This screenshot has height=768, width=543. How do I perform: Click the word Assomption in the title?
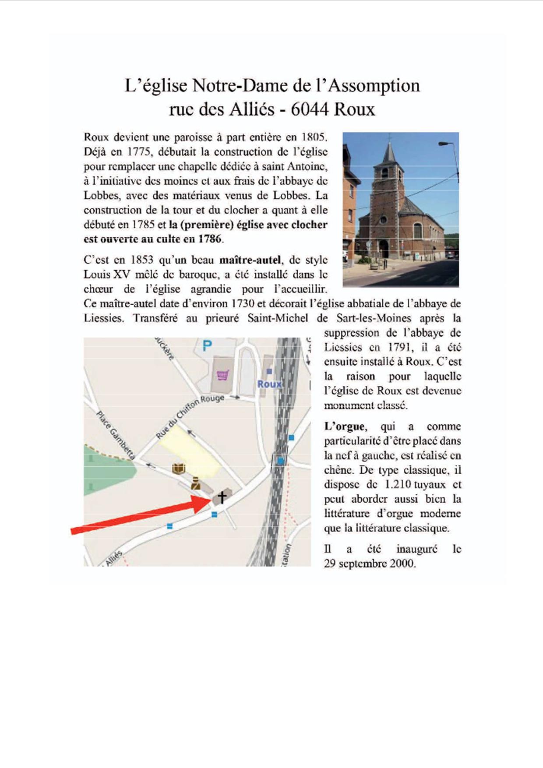[x=374, y=86]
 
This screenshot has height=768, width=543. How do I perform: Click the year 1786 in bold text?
[x=209, y=239]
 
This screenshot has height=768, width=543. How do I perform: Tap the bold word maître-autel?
[x=250, y=260]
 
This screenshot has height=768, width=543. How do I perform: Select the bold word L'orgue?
[x=344, y=426]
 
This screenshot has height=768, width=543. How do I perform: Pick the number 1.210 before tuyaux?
[x=398, y=484]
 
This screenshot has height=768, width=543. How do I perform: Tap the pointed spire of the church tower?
[x=388, y=151]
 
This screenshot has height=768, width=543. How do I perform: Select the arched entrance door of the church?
[x=384, y=249]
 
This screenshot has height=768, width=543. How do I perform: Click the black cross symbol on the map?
[x=222, y=497]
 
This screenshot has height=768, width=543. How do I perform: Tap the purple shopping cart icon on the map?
[x=223, y=375]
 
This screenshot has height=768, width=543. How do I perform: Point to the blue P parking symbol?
[x=207, y=346]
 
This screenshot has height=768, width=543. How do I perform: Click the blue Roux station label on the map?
[x=269, y=384]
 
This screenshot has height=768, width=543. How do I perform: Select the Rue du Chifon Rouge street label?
[x=190, y=416]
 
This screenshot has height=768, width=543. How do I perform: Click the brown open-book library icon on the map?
[x=178, y=468]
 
